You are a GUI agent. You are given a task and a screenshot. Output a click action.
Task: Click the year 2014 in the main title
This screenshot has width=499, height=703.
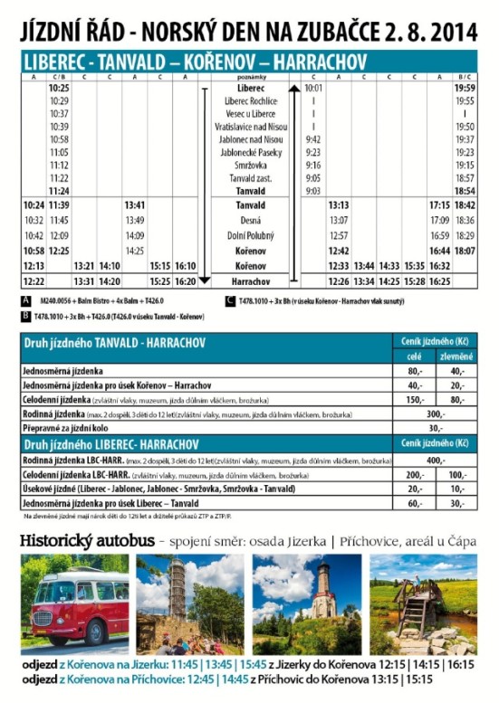(451, 33)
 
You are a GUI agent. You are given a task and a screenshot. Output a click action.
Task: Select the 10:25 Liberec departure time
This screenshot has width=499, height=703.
(59, 89)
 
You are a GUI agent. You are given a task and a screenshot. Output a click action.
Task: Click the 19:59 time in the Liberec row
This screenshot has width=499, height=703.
(465, 89)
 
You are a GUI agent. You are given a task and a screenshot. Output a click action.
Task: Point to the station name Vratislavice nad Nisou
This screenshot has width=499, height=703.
(250, 127)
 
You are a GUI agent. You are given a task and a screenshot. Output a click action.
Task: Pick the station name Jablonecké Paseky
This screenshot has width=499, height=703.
(250, 153)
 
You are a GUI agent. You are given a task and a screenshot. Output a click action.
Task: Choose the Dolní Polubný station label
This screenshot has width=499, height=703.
(250, 235)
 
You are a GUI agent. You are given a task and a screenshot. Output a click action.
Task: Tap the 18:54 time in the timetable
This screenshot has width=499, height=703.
(465, 192)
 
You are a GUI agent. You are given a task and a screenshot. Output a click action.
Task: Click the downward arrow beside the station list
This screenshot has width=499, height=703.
(205, 280)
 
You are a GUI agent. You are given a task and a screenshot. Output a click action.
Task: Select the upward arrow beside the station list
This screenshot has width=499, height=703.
(294, 89)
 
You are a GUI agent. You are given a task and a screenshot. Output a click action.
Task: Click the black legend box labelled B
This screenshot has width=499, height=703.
(25, 317)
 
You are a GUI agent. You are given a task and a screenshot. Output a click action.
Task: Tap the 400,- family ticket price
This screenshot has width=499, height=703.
(436, 460)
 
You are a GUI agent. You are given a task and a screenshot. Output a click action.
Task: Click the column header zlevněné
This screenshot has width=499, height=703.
(457, 356)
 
